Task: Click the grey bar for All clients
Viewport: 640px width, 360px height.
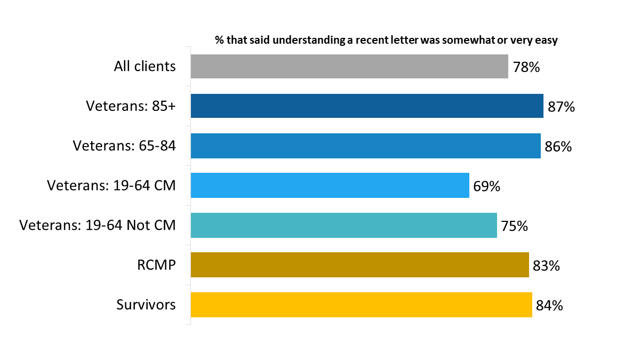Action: (349, 66)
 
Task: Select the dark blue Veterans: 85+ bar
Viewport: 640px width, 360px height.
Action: (367, 106)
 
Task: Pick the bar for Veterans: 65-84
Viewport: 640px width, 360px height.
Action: (366, 146)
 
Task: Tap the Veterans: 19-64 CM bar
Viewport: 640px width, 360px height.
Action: (330, 186)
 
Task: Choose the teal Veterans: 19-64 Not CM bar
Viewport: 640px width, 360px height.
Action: (343, 225)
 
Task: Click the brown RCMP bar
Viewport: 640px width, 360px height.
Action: (359, 265)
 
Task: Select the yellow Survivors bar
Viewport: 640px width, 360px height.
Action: (361, 305)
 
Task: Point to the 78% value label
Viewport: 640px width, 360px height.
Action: (526, 67)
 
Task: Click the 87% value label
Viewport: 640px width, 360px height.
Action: (561, 107)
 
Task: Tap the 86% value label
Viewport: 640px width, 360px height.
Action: (558, 147)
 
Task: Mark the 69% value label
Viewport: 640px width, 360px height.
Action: (486, 187)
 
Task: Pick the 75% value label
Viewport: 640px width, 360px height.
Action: (514, 226)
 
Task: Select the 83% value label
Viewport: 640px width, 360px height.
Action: (546, 266)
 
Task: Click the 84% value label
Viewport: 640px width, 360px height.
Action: (549, 306)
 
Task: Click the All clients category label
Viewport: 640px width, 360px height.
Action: (145, 66)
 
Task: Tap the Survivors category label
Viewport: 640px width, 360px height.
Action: (146, 305)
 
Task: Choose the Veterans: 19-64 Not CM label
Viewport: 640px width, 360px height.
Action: (98, 225)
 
